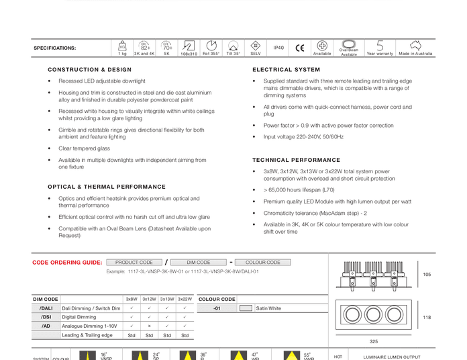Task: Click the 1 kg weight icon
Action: coord(122,46)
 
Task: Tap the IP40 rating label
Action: coord(278,48)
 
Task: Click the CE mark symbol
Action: coord(300,48)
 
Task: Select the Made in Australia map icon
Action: coord(415,46)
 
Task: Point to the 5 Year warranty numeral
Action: coord(380,46)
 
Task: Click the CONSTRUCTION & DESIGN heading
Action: coord(89,70)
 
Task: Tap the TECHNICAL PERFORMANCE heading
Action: coord(296,161)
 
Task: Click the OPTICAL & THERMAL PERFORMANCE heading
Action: coord(107,187)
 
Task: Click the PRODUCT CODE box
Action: coord(134,263)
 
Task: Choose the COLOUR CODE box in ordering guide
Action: coord(262,263)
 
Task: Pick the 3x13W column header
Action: coord(167,300)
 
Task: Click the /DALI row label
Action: coord(46,308)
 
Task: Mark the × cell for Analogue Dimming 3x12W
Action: coord(149,326)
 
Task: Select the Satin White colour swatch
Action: coord(246,308)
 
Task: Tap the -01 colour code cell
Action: coord(216,308)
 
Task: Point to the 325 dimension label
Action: coord(374,342)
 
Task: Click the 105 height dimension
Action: coord(427,275)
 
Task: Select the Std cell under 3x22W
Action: coord(185,335)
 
